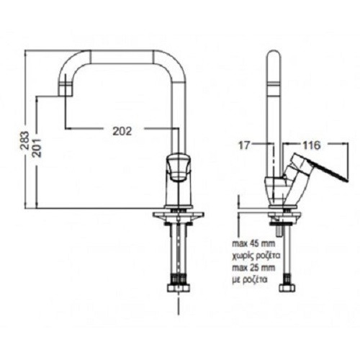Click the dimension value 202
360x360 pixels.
click(122, 131)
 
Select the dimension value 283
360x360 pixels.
click(24, 141)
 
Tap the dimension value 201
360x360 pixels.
click(37, 148)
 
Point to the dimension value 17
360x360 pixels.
click(244, 145)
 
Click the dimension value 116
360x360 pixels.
click(311, 145)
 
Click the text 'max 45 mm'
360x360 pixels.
click(253, 244)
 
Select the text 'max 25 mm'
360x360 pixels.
click(253, 267)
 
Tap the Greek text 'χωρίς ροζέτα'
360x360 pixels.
click(256, 256)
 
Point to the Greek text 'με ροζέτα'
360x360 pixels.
click(250, 279)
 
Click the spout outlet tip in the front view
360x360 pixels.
click(66, 96)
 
